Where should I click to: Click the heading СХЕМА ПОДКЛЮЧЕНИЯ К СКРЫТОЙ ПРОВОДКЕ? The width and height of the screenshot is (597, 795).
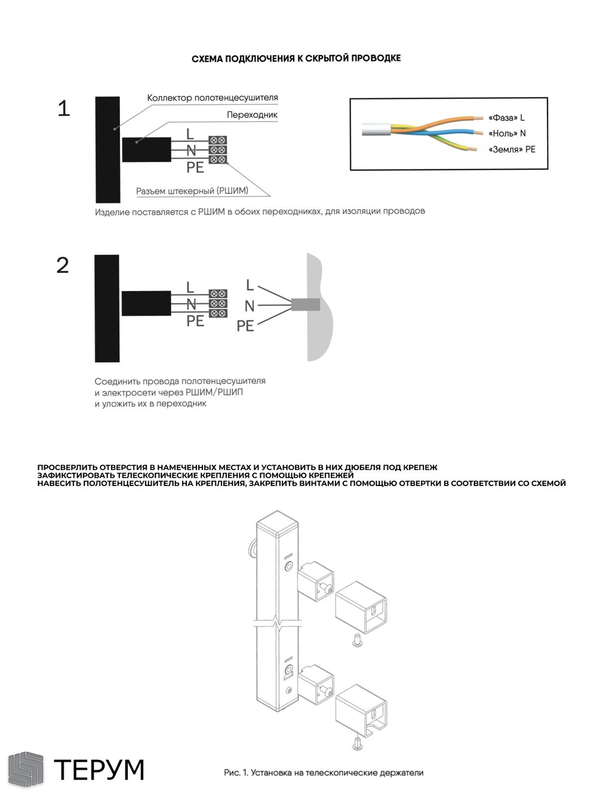[296, 58]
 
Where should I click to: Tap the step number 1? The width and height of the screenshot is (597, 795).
[64, 109]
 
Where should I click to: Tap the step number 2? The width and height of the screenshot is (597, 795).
[63, 265]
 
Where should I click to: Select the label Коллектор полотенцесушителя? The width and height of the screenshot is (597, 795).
[213, 98]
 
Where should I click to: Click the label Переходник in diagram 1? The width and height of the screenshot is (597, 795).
[252, 115]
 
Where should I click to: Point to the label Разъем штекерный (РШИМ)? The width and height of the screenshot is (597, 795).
[192, 191]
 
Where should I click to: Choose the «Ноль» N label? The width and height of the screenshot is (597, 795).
[507, 134]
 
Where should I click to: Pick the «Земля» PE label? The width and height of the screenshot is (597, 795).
[512, 150]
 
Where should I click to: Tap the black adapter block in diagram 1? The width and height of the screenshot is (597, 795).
[146, 149]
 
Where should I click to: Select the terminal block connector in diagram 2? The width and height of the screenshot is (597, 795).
[218, 304]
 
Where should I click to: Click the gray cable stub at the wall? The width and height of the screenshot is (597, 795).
[305, 305]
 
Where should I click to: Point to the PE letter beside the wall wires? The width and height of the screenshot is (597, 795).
[245, 326]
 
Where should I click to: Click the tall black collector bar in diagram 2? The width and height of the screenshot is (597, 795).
[107, 308]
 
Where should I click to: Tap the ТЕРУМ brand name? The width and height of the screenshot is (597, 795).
[99, 770]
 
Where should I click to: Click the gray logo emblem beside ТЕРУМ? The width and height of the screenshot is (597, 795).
[26, 769]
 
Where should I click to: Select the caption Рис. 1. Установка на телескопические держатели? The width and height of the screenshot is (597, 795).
[324, 773]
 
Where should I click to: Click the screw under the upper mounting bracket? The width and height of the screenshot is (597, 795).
[357, 642]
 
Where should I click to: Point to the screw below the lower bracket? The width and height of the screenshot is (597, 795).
[357, 744]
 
